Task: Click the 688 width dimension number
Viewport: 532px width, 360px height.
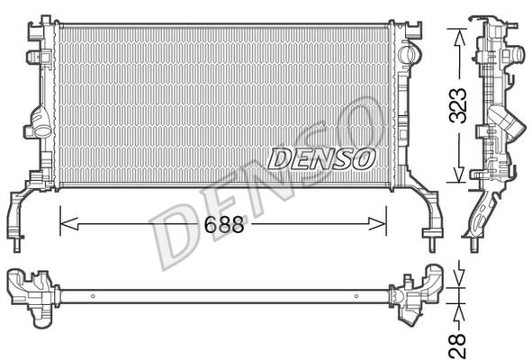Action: pyautogui.click(x=224, y=224)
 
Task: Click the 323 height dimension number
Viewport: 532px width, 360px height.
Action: pyautogui.click(x=458, y=105)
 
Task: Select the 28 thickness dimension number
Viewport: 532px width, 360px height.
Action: pyautogui.click(x=457, y=346)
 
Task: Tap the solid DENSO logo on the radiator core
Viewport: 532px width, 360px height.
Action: pyautogui.click(x=321, y=158)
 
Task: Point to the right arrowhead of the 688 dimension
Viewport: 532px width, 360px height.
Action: pyautogui.click(x=377, y=223)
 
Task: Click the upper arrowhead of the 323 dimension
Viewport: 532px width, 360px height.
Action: pyautogui.click(x=460, y=38)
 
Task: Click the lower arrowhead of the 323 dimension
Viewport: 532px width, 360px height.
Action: pyautogui.click(x=459, y=174)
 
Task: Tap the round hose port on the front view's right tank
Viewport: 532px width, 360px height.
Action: pyautogui.click(x=410, y=55)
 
